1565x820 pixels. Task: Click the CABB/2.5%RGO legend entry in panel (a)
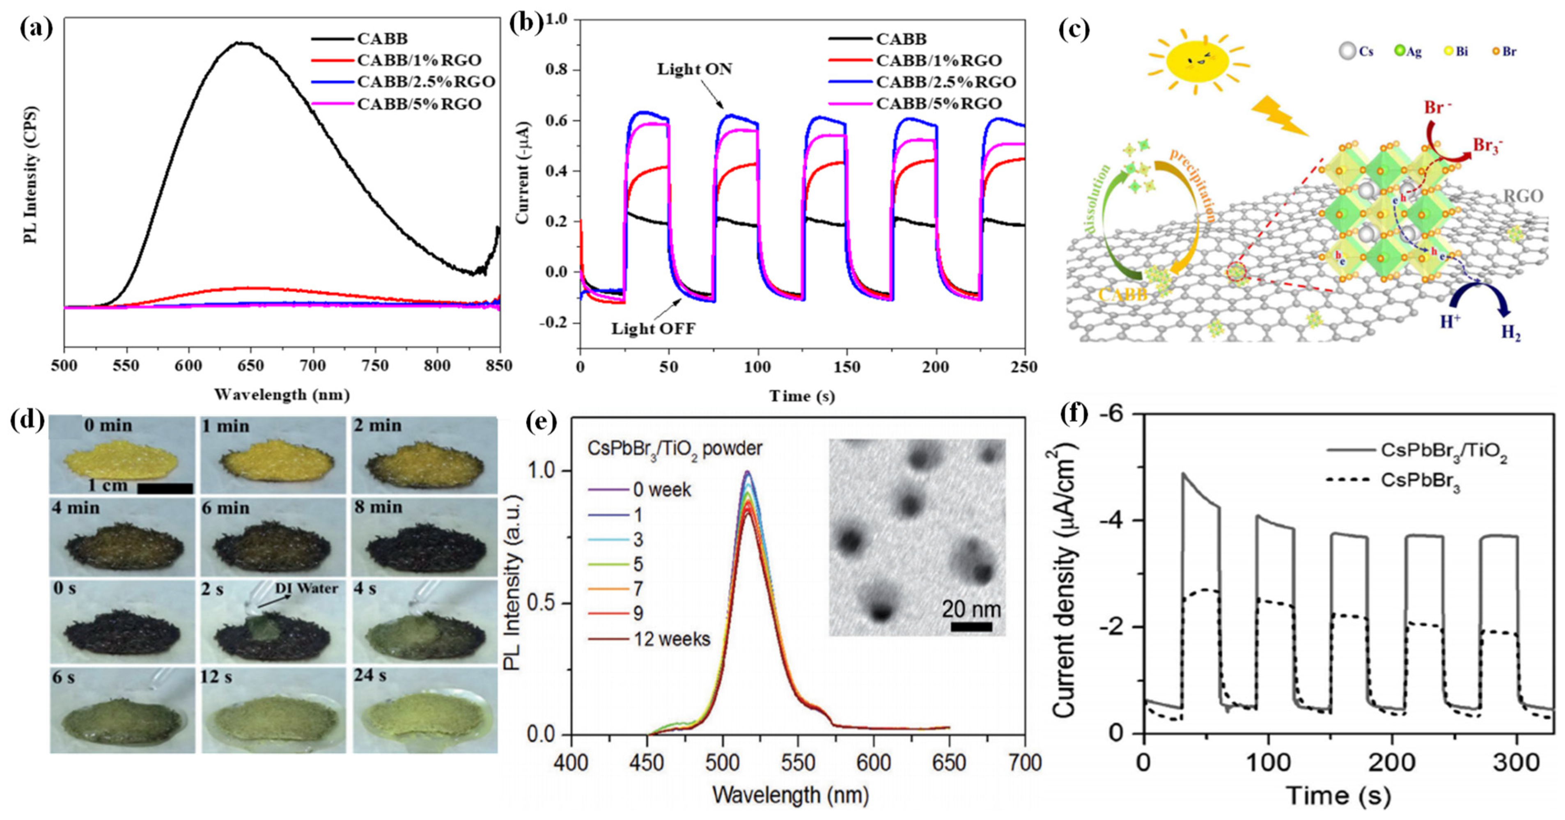[425, 81]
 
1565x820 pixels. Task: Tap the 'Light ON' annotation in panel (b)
[694, 69]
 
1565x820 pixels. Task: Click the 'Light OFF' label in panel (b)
[653, 329]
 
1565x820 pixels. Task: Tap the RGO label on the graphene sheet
[1522, 196]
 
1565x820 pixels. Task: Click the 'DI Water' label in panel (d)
[306, 588]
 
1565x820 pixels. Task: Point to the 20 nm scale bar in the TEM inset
[971, 625]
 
